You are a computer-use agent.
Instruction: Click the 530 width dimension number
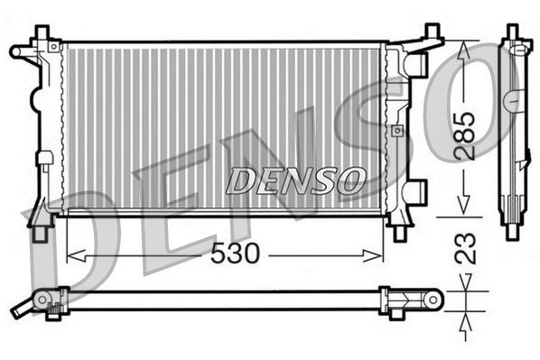tap(234, 255)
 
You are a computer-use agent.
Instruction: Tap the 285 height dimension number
tap(464, 134)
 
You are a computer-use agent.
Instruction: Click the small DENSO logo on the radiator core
tap(294, 180)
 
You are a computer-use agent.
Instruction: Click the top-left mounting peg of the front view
tap(41, 33)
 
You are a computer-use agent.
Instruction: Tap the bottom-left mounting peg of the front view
tap(40, 233)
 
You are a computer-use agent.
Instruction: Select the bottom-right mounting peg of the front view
tap(399, 233)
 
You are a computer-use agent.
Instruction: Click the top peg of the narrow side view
tap(513, 32)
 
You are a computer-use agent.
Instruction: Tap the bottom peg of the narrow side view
tap(512, 229)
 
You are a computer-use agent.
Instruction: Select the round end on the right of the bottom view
tap(433, 299)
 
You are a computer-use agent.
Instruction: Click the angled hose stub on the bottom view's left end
tap(23, 307)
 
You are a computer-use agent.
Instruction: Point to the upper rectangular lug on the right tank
tap(415, 64)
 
